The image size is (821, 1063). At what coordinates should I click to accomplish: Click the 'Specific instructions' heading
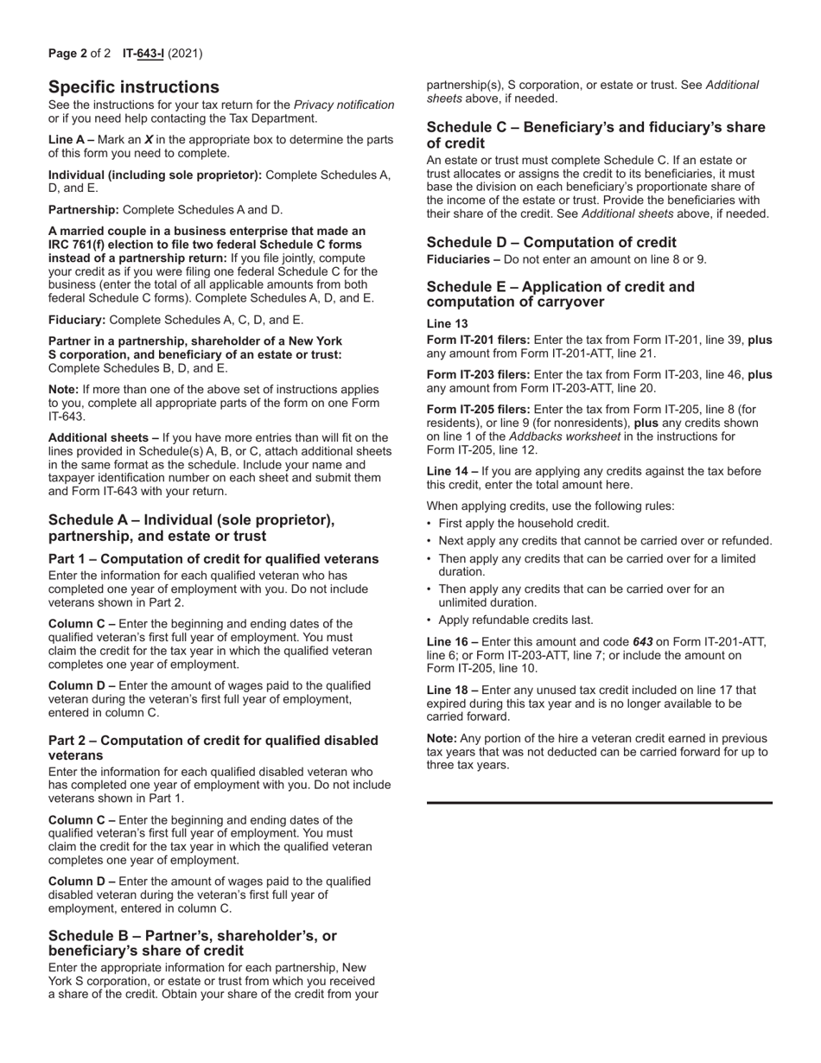point(134,87)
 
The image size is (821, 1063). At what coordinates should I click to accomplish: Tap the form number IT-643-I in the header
point(143,54)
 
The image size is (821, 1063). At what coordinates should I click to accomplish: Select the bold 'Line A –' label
point(71,140)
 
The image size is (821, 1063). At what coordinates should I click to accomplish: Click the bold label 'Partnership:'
point(84,210)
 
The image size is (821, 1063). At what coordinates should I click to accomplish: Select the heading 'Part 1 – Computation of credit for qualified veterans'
point(213,559)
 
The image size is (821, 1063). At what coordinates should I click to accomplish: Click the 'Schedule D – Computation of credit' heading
point(551,243)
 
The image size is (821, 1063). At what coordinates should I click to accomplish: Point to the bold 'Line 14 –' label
point(452,471)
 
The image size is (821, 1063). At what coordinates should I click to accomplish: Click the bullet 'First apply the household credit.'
point(524,524)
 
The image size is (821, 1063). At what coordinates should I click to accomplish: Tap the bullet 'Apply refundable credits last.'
point(516,621)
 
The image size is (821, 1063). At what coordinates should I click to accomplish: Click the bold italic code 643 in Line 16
point(642,642)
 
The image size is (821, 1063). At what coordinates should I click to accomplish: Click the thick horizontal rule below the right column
point(600,803)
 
